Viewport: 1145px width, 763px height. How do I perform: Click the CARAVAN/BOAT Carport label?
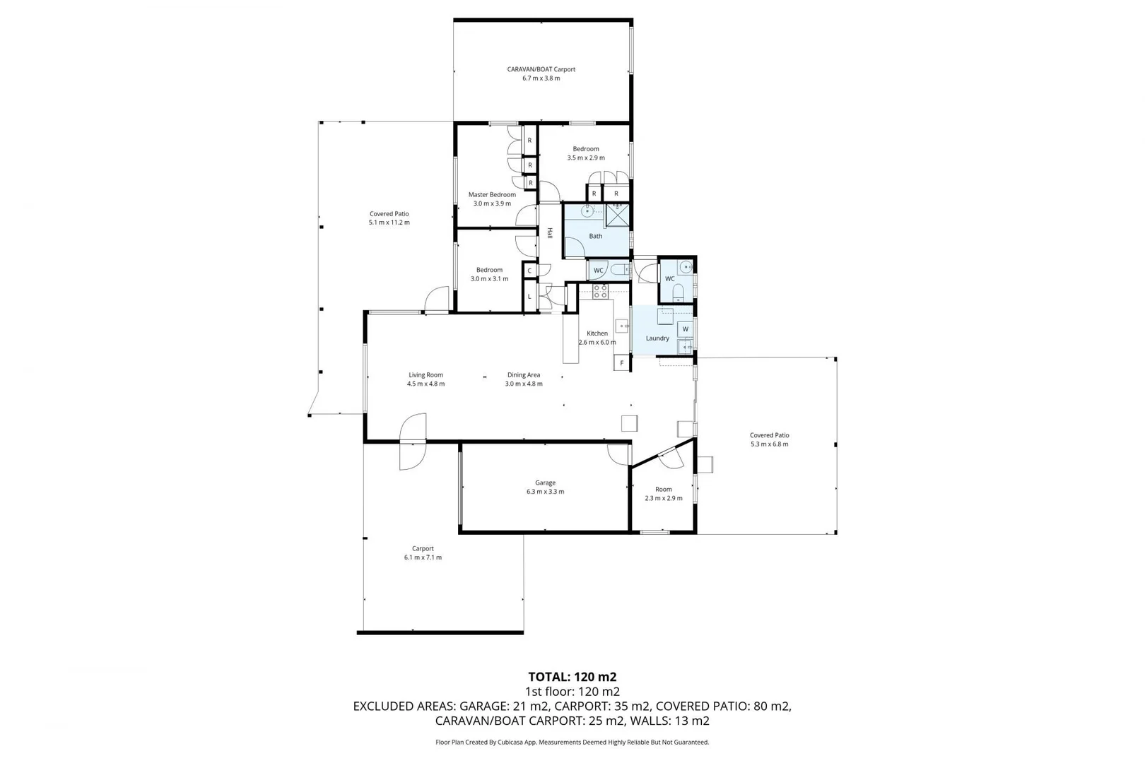541,69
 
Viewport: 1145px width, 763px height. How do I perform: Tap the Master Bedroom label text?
492,194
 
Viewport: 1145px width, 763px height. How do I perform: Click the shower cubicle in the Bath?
617,215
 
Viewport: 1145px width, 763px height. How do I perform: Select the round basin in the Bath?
587,211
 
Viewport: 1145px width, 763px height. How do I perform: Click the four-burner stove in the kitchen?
600,290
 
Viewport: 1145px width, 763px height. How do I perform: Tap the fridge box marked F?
621,363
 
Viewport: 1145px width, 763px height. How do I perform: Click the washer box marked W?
685,329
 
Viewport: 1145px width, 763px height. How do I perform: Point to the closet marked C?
529,270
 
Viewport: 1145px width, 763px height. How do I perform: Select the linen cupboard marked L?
529,296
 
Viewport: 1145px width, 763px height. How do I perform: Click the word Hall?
550,232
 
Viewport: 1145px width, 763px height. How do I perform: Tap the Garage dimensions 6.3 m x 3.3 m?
545,492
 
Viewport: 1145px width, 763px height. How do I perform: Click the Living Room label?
425,375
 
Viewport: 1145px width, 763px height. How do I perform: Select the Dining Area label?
524,375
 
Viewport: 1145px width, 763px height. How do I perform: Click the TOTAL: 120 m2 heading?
572,677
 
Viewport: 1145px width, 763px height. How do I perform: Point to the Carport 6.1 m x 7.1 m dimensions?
423,557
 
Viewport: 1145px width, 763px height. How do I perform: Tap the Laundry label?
657,338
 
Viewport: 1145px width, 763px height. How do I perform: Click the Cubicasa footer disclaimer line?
572,742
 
